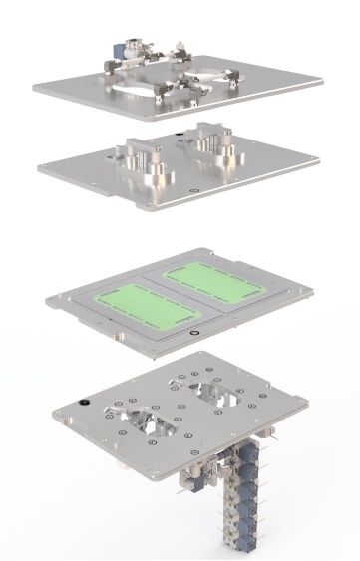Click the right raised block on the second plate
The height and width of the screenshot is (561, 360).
(212, 140)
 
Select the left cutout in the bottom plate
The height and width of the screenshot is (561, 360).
(145, 420)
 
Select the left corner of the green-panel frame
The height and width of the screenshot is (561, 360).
(48, 298)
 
